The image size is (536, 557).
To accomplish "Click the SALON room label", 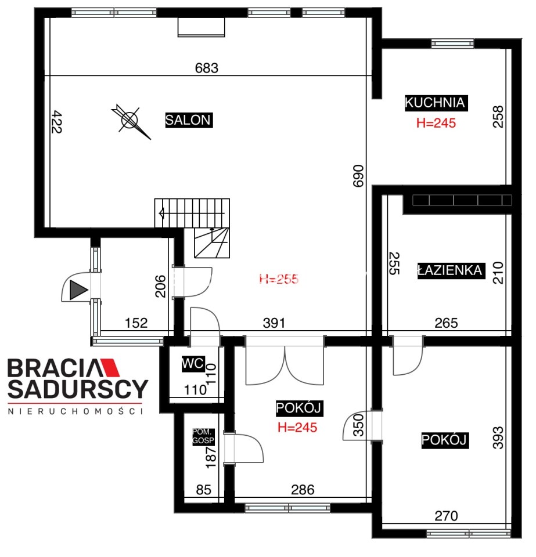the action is click(x=189, y=120).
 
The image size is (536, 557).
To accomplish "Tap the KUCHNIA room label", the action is click(x=436, y=103).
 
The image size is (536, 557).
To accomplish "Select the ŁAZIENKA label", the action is click(x=451, y=271).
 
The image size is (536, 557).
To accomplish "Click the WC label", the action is click(x=193, y=363).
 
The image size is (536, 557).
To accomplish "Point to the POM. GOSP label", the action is click(x=203, y=436).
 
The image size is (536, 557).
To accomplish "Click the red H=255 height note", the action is click(x=279, y=279).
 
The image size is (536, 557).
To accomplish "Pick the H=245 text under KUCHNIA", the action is click(x=436, y=123).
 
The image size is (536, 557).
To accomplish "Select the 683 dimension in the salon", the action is click(x=207, y=68).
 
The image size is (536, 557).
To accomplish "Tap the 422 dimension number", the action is click(x=56, y=122).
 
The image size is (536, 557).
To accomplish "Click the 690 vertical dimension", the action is click(x=358, y=175).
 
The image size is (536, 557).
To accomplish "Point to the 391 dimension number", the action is click(x=274, y=323).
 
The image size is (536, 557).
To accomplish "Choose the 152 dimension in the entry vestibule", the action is click(x=136, y=323).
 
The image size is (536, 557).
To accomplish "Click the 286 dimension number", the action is click(x=303, y=490).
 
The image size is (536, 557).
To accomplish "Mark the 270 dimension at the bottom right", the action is click(x=447, y=516).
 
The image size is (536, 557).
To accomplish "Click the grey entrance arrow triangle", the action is click(x=78, y=290).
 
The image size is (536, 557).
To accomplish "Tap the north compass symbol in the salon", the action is click(x=131, y=121).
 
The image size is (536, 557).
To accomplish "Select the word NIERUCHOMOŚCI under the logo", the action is click(x=75, y=411).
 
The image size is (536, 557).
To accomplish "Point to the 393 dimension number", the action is click(x=498, y=437).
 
